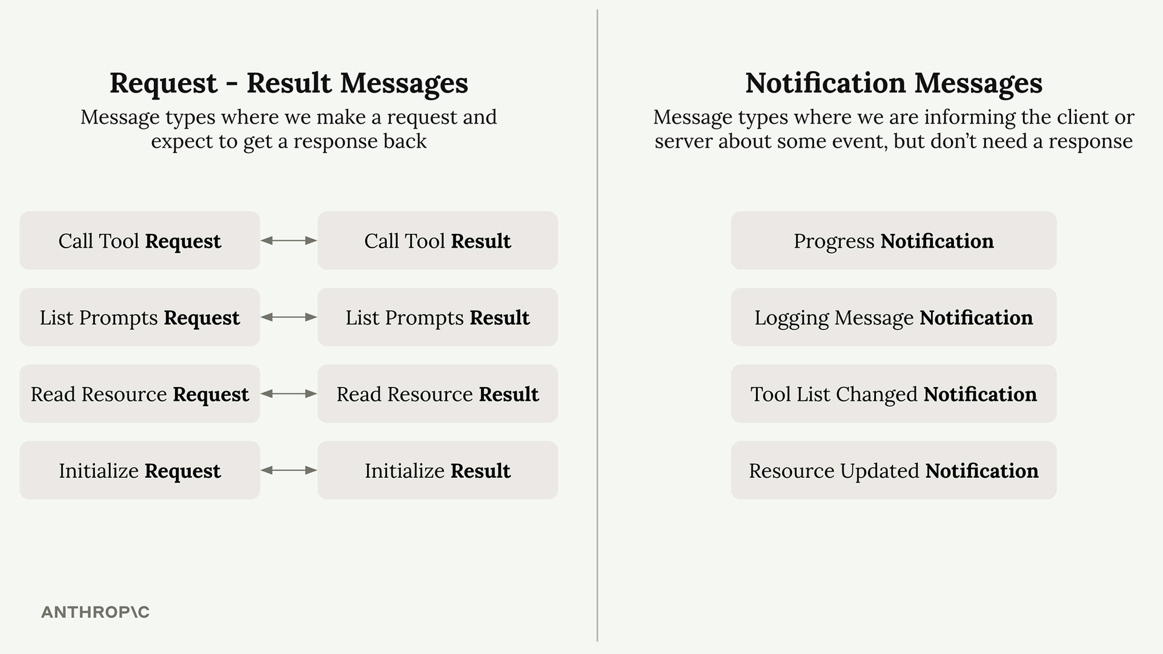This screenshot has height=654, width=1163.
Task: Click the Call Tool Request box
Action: click(x=140, y=240)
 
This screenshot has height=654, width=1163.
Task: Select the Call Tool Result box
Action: click(x=437, y=240)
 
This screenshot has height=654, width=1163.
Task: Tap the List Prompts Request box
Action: click(x=140, y=317)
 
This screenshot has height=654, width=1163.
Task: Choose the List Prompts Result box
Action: click(x=437, y=317)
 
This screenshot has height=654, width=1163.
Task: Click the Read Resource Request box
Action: click(x=140, y=394)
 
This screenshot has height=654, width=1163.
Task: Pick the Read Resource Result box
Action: click(x=437, y=394)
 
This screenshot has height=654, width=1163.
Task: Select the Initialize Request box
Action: click(x=140, y=471)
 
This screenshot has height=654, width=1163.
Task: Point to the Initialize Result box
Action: click(x=437, y=471)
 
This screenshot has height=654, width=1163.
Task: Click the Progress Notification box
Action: click(x=893, y=240)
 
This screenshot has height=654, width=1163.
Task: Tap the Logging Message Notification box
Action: click(x=893, y=317)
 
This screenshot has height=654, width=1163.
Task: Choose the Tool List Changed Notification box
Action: click(x=893, y=394)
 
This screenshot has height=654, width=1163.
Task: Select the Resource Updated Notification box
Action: click(x=893, y=471)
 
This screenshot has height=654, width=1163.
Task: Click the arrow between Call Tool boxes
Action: click(x=289, y=240)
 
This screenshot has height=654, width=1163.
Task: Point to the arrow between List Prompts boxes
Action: click(x=289, y=317)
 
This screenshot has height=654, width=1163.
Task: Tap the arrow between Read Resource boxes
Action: click(x=289, y=394)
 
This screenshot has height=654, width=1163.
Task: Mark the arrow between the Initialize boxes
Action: click(x=289, y=471)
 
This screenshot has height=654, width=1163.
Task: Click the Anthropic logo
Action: click(x=95, y=612)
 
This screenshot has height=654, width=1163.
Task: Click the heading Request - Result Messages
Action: click(x=289, y=83)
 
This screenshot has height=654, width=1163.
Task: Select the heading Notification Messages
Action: click(x=893, y=83)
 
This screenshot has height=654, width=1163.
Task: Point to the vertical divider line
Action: click(x=597, y=325)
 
